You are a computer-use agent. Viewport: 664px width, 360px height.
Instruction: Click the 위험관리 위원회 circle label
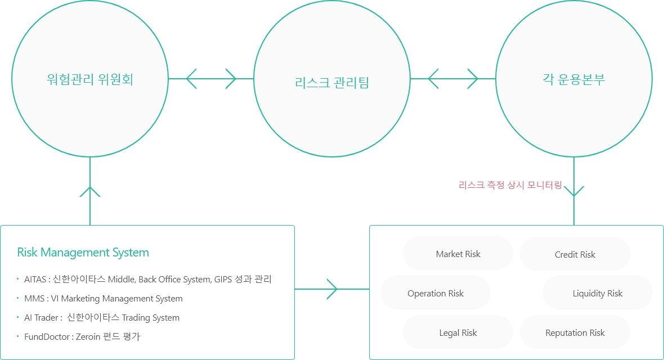(x=90, y=79)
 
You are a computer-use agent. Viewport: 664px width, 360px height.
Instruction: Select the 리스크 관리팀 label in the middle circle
(x=332, y=83)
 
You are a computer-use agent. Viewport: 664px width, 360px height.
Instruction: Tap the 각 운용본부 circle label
(x=574, y=79)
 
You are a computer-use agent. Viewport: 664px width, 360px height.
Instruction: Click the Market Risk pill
(x=458, y=254)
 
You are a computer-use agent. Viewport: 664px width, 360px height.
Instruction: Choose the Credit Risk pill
(x=575, y=254)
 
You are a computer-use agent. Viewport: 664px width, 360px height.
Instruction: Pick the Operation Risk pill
(x=436, y=293)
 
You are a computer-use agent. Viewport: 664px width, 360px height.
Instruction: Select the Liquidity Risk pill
(x=597, y=293)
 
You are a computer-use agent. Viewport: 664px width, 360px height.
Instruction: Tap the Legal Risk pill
(x=458, y=332)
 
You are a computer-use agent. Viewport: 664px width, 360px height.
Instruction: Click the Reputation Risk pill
(x=575, y=332)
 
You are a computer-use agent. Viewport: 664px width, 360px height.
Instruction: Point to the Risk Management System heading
(x=83, y=253)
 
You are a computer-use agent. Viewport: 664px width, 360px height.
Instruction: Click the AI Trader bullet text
(x=43, y=318)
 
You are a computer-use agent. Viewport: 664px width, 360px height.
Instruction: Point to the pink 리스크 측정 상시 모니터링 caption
(x=510, y=184)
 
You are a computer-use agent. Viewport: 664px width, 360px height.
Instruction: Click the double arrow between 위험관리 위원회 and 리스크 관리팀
(x=211, y=79)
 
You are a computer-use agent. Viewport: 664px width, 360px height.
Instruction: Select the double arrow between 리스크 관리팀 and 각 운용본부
(x=453, y=79)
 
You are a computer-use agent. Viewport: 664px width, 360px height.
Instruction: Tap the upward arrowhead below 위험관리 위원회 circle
(x=90, y=191)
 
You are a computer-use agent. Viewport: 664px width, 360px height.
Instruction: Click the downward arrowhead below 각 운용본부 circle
(x=574, y=191)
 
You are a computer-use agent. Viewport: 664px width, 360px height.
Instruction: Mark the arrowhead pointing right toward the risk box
(x=332, y=289)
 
